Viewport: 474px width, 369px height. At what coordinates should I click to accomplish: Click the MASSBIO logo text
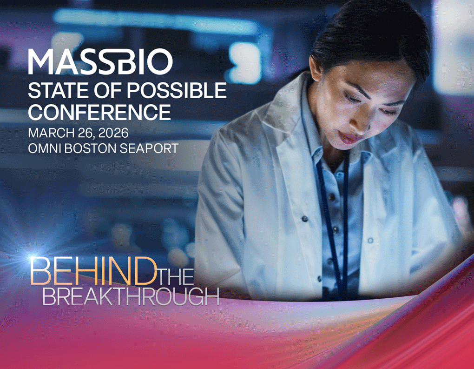coord(100,62)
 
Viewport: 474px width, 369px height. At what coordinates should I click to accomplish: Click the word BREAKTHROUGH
coord(131,296)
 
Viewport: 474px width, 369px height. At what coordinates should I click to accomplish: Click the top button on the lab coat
coord(305,219)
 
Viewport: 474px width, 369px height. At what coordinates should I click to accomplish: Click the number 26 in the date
coord(79,133)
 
